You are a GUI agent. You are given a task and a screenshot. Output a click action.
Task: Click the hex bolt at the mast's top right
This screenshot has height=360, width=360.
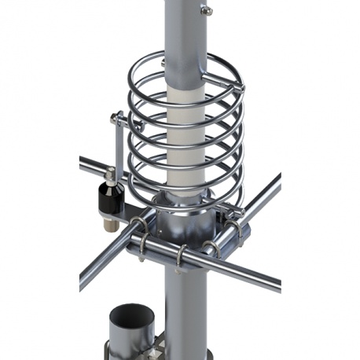(x=206, y=10)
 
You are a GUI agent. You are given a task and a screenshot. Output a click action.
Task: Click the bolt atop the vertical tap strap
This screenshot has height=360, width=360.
(x=116, y=119)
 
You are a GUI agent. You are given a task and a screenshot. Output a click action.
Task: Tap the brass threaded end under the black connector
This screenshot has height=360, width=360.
(x=110, y=223)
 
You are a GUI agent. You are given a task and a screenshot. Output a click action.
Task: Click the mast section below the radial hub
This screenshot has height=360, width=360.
(x=187, y=307)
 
